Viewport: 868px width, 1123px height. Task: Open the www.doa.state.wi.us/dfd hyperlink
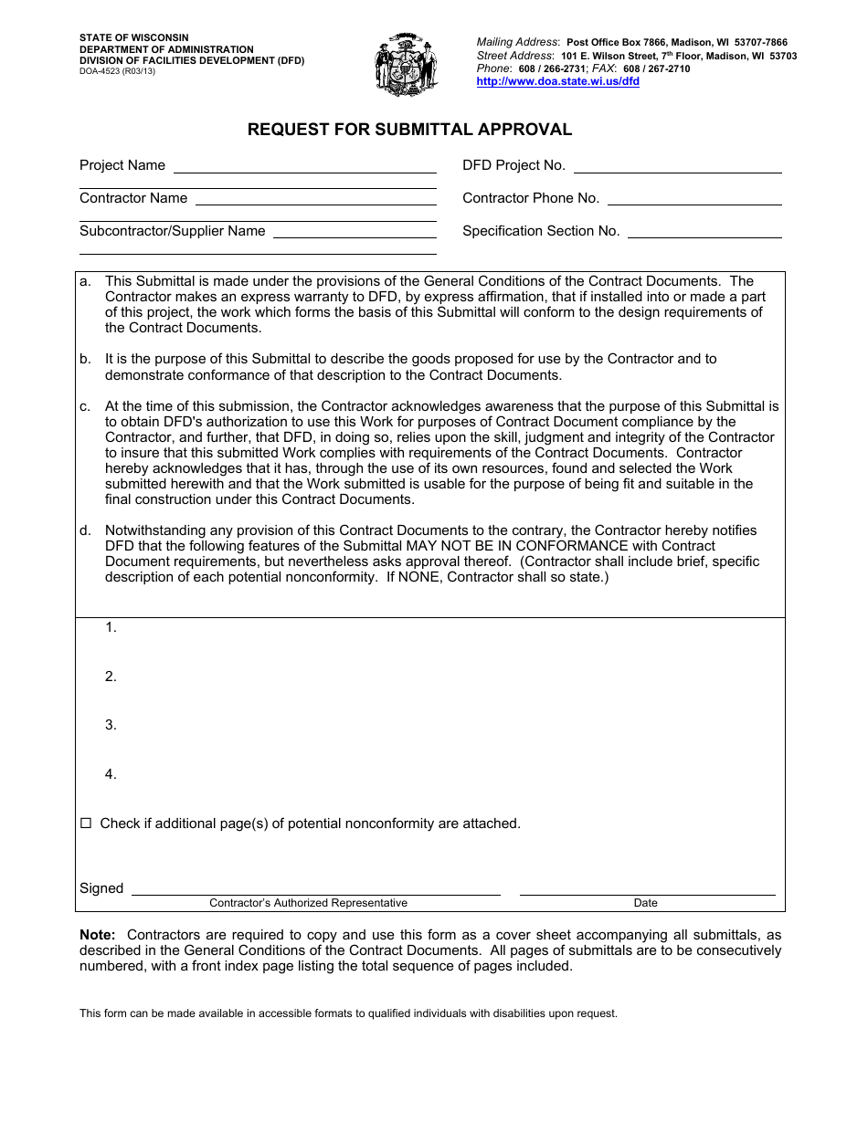pyautogui.click(x=557, y=81)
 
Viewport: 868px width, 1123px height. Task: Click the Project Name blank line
pyautogui.click(x=304, y=167)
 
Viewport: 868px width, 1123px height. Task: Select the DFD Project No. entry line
pyautogui.click(x=677, y=167)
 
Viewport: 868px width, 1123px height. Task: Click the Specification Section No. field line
pyautogui.click(x=704, y=233)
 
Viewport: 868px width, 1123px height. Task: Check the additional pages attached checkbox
pyautogui.click(x=86, y=824)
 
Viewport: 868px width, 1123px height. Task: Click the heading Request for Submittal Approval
pyautogui.click(x=409, y=130)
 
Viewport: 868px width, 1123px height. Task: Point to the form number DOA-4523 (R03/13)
pyautogui.click(x=117, y=71)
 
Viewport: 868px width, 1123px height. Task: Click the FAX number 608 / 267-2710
pyautogui.click(x=656, y=68)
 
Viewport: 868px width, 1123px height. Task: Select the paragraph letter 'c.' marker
pyautogui.click(x=85, y=406)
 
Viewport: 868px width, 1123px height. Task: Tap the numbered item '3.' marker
pyautogui.click(x=111, y=725)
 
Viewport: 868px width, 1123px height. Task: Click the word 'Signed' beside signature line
pyautogui.click(x=101, y=888)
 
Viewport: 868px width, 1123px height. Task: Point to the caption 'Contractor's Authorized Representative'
pyautogui.click(x=308, y=903)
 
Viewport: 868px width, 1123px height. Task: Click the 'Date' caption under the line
pyautogui.click(x=645, y=903)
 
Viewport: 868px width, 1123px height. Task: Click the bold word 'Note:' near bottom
pyautogui.click(x=98, y=935)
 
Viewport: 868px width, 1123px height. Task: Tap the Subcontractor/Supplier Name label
pyautogui.click(x=172, y=231)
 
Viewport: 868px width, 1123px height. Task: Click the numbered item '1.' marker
pyautogui.click(x=111, y=627)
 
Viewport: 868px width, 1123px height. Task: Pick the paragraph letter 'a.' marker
pyautogui.click(x=85, y=281)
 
